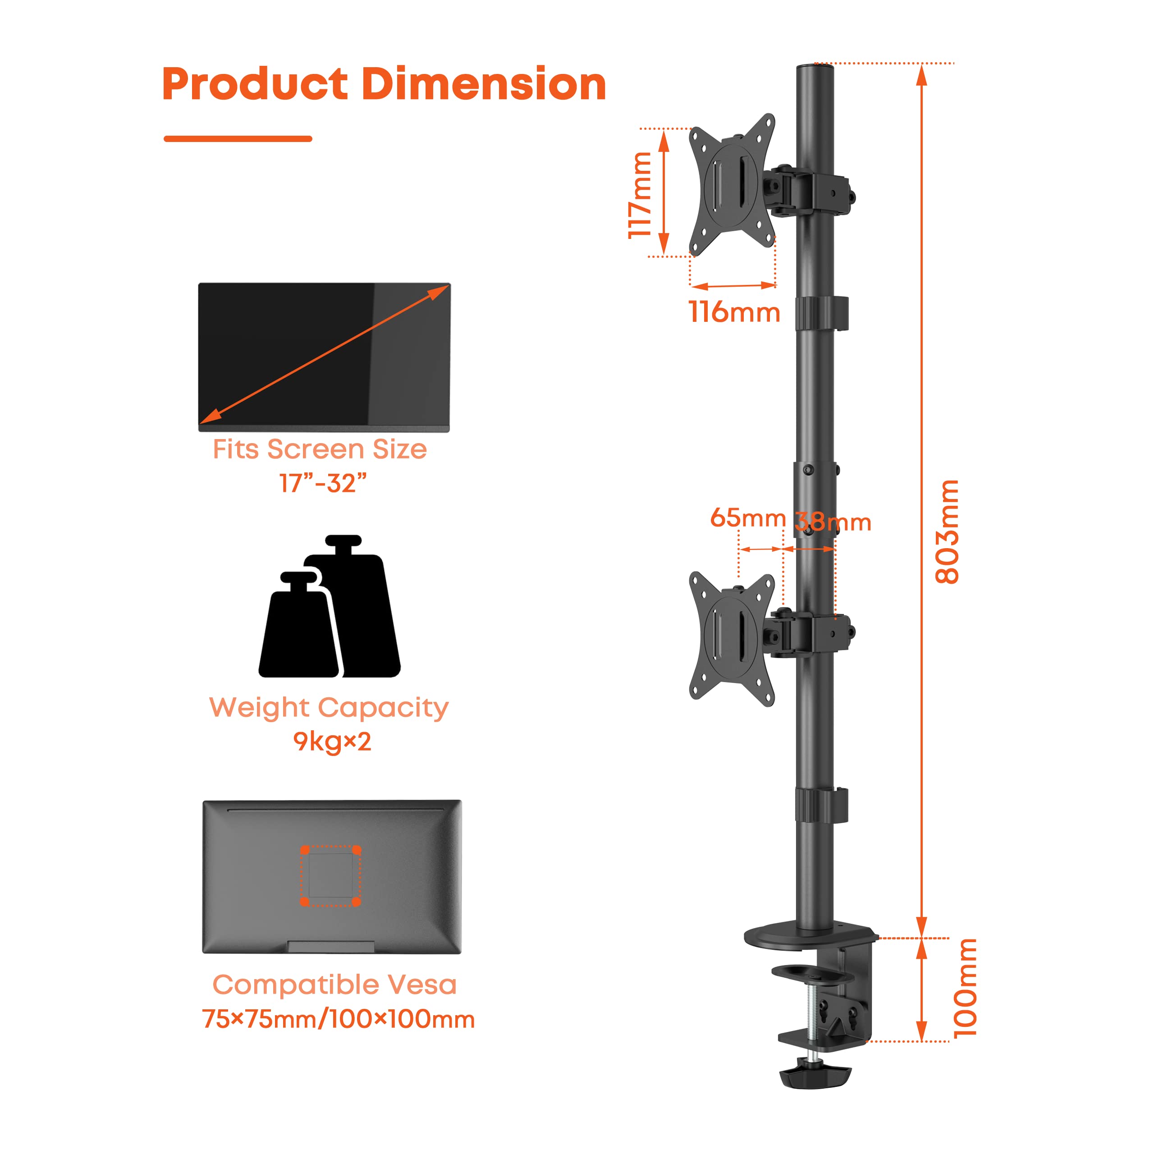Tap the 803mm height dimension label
948,531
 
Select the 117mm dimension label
640,195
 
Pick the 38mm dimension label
833,522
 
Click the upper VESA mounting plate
733,185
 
